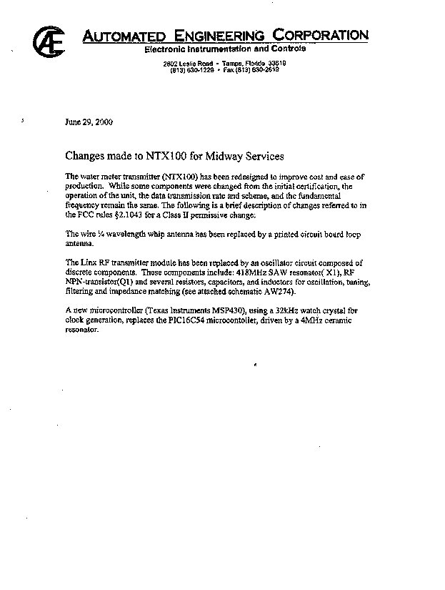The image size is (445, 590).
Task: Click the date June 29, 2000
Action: [x=89, y=122]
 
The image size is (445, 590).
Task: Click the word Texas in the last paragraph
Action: [x=143, y=311]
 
